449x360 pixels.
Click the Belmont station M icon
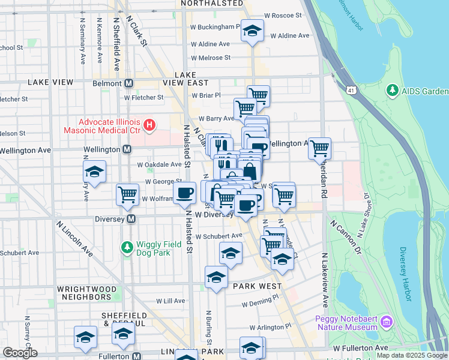point(128,83)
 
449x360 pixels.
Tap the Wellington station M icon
point(127,149)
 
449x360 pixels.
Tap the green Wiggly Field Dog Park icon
point(127,247)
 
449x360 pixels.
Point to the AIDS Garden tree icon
point(393,91)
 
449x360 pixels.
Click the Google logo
point(20,353)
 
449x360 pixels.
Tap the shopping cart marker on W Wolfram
point(127,194)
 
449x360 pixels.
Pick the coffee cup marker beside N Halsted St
point(184,193)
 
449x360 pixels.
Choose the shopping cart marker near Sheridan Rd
point(319,147)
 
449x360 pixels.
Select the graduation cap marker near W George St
point(94,172)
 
